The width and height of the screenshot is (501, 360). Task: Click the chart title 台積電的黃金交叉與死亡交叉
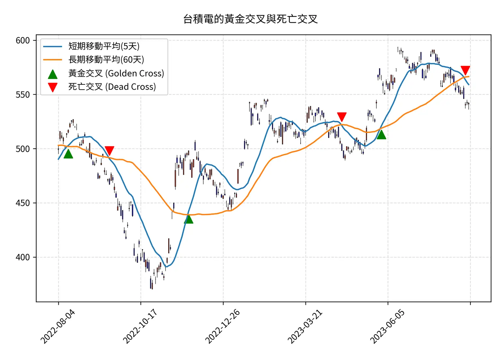(250, 19)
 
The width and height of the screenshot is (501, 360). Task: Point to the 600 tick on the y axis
(23, 40)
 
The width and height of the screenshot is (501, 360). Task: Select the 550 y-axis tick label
(23, 95)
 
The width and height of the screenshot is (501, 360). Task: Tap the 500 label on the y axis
(23, 149)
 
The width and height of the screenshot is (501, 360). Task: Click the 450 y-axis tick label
(23, 203)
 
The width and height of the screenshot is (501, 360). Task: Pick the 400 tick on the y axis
(23, 257)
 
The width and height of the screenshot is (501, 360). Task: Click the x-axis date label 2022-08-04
(58, 326)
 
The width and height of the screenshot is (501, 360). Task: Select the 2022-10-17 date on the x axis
(140, 326)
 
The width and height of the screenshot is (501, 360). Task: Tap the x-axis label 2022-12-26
(222, 326)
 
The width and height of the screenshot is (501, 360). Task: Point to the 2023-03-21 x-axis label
(305, 326)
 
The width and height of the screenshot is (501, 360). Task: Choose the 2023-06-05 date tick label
(387, 326)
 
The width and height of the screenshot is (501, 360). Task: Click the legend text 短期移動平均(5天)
(104, 46)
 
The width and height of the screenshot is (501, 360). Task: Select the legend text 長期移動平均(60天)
(106, 60)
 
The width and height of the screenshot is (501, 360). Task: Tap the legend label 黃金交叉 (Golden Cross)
(116, 73)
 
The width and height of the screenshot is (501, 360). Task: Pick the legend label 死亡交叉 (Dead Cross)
(112, 87)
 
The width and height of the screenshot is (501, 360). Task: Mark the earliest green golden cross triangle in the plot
(68, 154)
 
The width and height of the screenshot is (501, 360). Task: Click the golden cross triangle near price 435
(189, 219)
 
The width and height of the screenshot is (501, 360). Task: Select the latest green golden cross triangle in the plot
(381, 135)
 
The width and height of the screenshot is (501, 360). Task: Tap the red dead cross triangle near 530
(342, 116)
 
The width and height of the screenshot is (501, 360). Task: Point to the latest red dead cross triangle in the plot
(465, 70)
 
